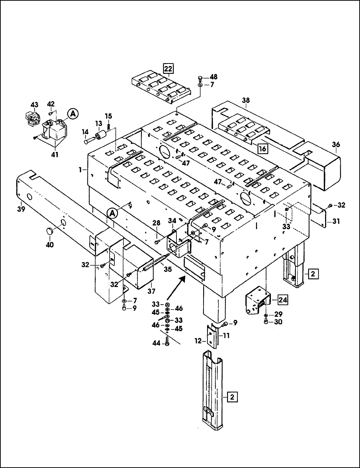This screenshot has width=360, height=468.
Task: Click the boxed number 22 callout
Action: tap(168, 69)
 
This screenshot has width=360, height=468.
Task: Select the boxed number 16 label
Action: tap(263, 148)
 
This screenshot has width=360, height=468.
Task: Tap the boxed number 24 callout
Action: tap(283, 300)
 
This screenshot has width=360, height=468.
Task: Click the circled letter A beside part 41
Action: tap(73, 114)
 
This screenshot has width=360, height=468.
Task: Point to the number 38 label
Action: tap(246, 100)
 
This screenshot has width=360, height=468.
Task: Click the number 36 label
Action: tap(336, 144)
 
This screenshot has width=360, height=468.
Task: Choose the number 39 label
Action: tap(21, 209)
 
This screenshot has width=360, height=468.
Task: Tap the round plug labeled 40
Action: tap(50, 231)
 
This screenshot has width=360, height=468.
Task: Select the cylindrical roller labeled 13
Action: tap(101, 135)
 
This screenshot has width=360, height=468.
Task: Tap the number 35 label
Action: tap(168, 269)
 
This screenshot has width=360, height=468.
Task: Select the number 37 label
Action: tap(151, 291)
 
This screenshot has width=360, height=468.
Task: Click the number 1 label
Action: tap(80, 170)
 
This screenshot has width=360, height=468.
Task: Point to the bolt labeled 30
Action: tap(266, 322)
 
